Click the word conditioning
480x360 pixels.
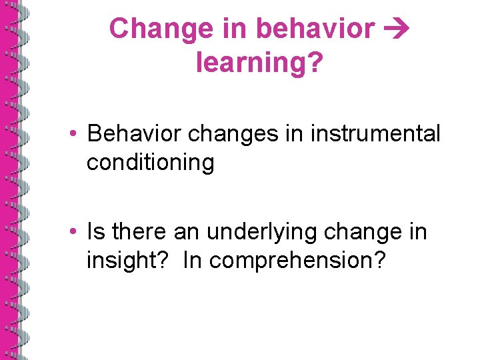pos(150,162)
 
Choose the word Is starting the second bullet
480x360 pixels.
pos(96,232)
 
